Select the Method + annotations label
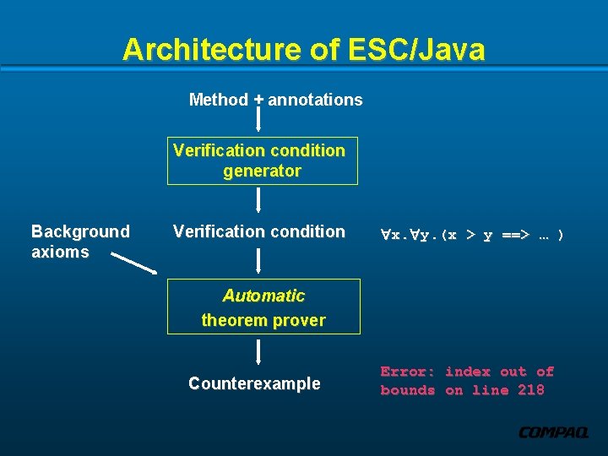(275, 100)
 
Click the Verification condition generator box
(262, 160)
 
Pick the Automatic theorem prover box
(263, 307)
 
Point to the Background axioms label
(80, 242)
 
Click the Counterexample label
(254, 383)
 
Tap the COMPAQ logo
(553, 433)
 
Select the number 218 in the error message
(530, 390)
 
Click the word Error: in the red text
(408, 372)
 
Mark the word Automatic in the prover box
(263, 296)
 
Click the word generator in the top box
(262, 171)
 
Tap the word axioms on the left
(60, 252)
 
